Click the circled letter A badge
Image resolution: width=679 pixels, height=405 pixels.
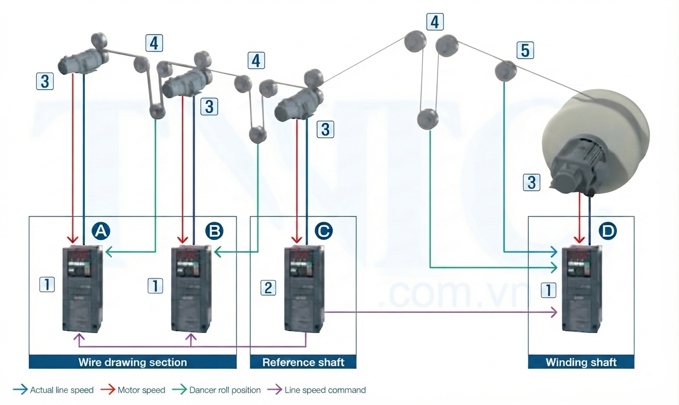point(101,231)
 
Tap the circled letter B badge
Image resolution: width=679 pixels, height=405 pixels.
point(214,231)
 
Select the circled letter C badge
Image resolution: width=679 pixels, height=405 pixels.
point(324,231)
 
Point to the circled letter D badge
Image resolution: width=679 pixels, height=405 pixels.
point(608,231)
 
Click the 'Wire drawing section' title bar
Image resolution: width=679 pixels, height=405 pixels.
point(132,362)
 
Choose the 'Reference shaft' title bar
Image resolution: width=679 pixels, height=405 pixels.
point(303,362)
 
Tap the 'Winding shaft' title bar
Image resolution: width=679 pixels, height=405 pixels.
point(581,362)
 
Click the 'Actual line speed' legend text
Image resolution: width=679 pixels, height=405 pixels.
point(62,390)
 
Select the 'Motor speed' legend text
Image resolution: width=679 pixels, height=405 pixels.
point(141,390)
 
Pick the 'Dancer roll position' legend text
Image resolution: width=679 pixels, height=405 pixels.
point(225,390)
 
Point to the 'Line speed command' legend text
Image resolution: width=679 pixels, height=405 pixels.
point(325,390)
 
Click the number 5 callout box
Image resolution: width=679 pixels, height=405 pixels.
point(525,50)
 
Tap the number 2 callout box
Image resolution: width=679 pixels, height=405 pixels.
point(268,288)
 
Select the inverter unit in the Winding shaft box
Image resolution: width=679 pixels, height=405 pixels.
point(582,289)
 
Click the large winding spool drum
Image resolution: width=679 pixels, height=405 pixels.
point(596,141)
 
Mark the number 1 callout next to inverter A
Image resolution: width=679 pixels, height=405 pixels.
point(47,285)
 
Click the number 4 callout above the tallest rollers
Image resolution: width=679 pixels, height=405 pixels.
point(435,22)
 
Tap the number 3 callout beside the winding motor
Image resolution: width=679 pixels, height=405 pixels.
point(532,182)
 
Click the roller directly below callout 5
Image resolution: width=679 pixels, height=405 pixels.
point(506,71)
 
